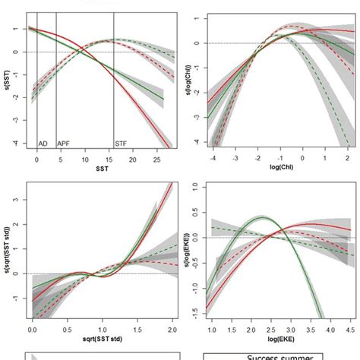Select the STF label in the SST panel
122,143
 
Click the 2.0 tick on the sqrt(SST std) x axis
154,332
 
